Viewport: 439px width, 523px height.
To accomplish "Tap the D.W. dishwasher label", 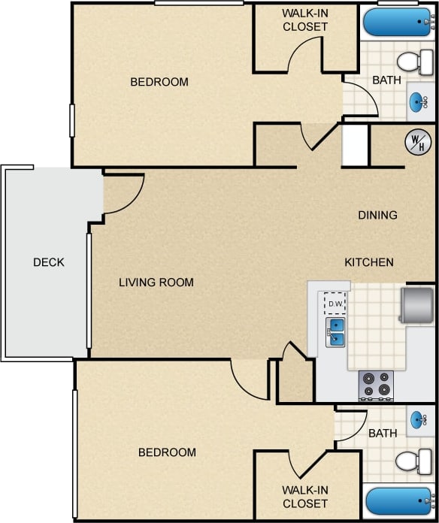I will pos(335,304).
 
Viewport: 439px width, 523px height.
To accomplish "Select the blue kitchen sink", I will pos(335,332).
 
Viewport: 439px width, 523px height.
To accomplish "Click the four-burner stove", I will pos(376,385).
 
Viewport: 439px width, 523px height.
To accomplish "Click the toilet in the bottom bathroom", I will pos(412,461).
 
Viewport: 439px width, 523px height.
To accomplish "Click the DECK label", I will pos(49,262).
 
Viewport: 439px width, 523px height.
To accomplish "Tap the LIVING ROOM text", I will pos(156,283).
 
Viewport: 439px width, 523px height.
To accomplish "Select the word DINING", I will pos(377,215).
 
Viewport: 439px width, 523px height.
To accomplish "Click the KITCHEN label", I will pos(369,262).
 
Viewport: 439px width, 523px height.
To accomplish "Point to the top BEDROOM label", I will pos(159,82).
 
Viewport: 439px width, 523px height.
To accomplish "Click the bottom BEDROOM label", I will pos(167,452).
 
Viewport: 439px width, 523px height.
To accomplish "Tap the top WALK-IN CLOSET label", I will pos(305,20).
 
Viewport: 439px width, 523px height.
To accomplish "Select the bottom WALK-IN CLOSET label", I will pos(305,496).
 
